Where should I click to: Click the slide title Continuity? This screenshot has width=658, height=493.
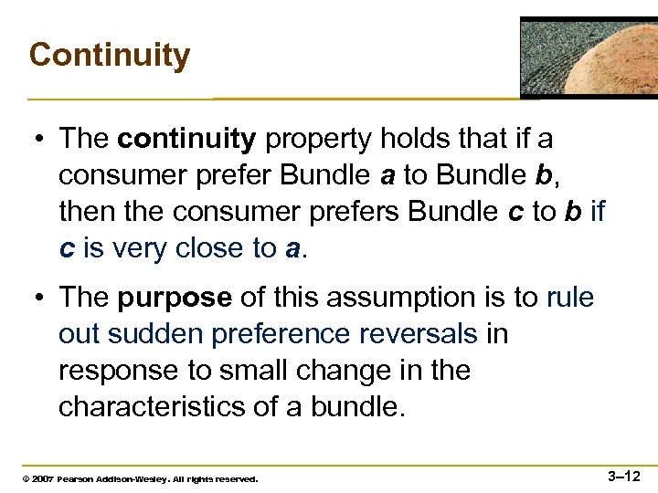tap(109, 55)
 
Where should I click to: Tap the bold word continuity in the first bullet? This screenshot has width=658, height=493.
tap(186, 139)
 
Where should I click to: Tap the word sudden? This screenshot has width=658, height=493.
tap(157, 334)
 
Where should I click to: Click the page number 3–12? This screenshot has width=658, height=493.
tap(623, 476)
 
